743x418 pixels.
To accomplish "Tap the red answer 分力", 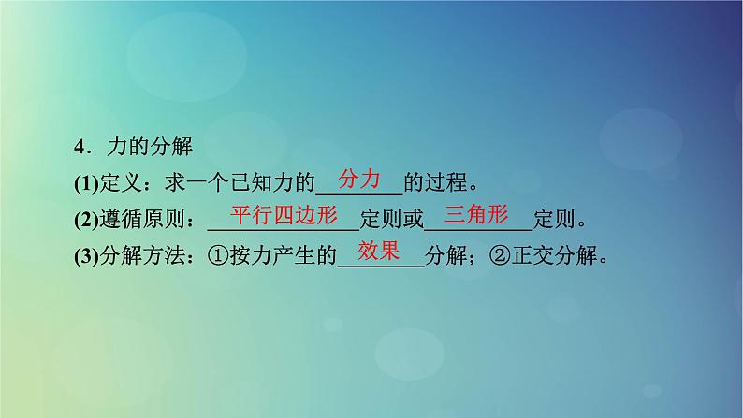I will coord(360,178).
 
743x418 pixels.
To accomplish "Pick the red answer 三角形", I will coord(476,214).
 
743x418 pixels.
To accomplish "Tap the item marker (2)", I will coord(87,221).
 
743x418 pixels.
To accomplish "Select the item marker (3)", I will coord(87,257).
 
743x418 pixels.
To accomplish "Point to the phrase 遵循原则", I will coord(145,221).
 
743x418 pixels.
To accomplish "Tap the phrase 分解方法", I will coord(145,257).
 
